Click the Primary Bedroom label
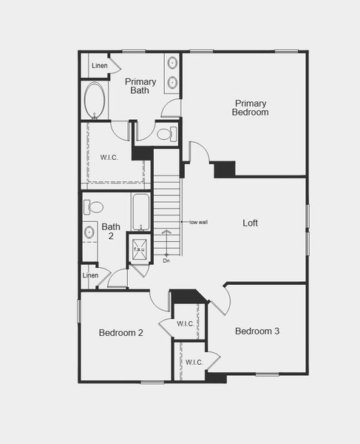point(250,108)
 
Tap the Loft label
point(251,223)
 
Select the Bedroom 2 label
point(121,333)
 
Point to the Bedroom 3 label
point(257,331)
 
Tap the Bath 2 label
point(111,232)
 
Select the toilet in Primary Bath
point(167,134)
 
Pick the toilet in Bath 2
point(93,206)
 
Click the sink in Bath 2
point(89,232)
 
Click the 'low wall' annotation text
point(198,222)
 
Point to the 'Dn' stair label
point(166,260)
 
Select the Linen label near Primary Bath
point(100,67)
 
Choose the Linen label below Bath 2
point(90,275)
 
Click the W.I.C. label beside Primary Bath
point(109,158)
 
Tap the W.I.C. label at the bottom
point(194,362)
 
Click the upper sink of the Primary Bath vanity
point(172,64)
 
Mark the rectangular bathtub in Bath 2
point(140,212)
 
